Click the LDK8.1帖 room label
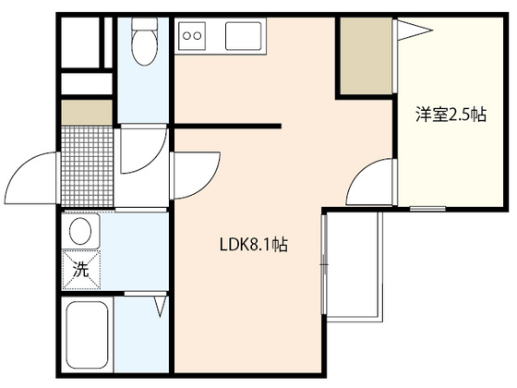254,245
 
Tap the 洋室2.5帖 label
451,115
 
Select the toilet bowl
144,42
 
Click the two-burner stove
192,35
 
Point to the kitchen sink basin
244,36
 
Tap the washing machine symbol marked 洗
81,270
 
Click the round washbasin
80,231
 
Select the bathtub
88,335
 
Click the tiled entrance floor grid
88,166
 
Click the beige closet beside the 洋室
366,55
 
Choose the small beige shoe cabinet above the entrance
87,113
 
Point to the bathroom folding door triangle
160,306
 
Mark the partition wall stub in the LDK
227,126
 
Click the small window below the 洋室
427,209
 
